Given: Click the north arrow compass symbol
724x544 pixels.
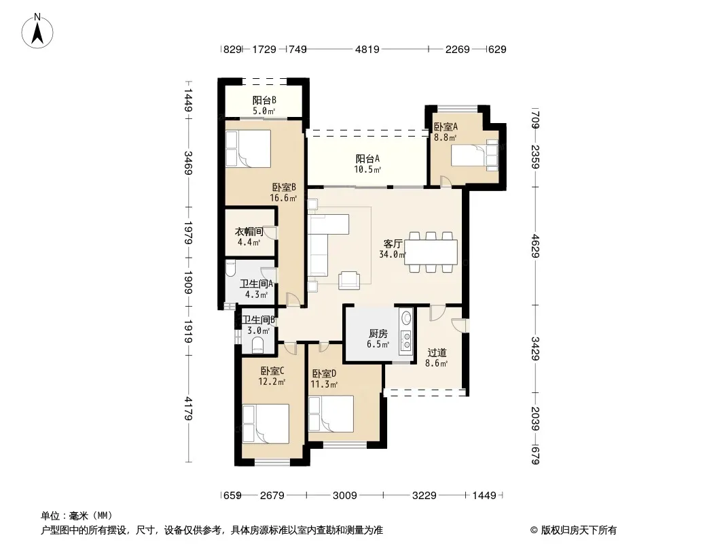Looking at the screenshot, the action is tap(37, 31).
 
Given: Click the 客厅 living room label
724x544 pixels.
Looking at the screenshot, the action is tap(393, 243).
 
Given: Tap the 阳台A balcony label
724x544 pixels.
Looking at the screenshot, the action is tap(367, 158).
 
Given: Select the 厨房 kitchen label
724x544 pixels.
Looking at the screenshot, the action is tap(378, 333).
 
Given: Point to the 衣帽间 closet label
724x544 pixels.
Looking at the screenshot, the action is tap(249, 231).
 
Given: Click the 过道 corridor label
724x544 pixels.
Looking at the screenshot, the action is tap(436, 353).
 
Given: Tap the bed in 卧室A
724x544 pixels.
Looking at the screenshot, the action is tap(475, 155).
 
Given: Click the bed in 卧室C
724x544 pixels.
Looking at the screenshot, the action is tap(266, 424).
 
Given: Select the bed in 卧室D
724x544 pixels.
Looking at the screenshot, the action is tap(331, 413).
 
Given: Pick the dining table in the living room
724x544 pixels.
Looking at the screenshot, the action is tap(431, 252).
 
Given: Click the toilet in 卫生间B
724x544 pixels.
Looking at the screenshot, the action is tap(257, 344).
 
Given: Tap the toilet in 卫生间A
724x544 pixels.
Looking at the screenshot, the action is tap(231, 269).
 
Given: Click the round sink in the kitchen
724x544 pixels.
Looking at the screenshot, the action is tap(407, 318).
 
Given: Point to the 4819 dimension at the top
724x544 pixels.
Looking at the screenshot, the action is tap(367, 49).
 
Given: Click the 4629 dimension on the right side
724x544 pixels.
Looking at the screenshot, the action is tap(535, 246).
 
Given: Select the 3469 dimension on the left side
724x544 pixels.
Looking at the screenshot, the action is tap(188, 163).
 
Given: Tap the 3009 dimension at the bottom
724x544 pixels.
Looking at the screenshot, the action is tap(345, 496).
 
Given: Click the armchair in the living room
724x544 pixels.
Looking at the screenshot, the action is tap(349, 280).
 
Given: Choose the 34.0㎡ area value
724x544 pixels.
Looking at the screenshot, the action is tap(393, 254).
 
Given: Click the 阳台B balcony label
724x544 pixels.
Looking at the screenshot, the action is tap(264, 100).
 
